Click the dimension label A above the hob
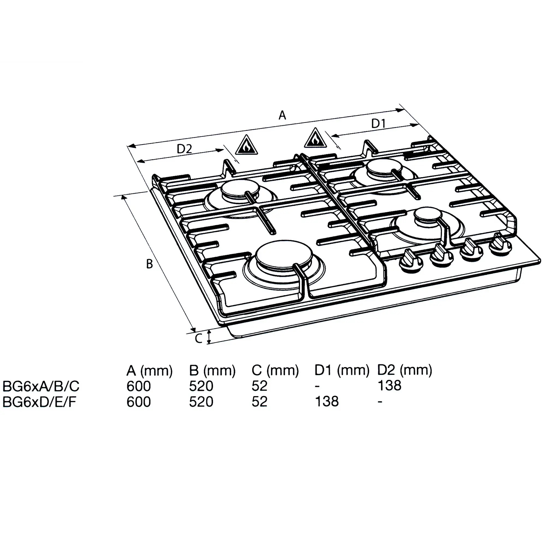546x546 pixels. tap(282, 115)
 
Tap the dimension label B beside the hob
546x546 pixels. tap(150, 264)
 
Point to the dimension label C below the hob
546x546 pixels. tap(199, 338)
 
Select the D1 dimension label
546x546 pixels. tap(378, 123)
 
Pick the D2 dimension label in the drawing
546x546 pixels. tap(184, 149)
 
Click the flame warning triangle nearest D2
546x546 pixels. tap(247, 145)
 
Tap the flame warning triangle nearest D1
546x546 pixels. tap(316, 138)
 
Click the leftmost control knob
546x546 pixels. tap(411, 262)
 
